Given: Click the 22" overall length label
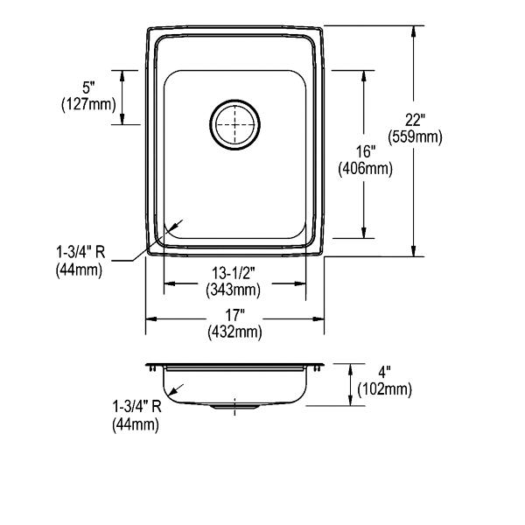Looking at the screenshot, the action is [x=415, y=121].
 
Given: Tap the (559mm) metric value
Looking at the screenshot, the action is [x=415, y=137].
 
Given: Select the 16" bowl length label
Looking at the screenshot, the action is [x=365, y=152].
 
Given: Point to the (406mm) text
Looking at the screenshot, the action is [x=365, y=169].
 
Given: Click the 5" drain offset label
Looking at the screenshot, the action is [x=88, y=88].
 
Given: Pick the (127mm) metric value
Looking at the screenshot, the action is [x=88, y=105].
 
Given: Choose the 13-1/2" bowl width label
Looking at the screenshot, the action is [x=234, y=274].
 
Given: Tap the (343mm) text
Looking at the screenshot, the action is [x=234, y=290].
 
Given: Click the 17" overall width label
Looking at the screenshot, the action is [x=234, y=315].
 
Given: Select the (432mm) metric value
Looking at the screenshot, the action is [x=234, y=332].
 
